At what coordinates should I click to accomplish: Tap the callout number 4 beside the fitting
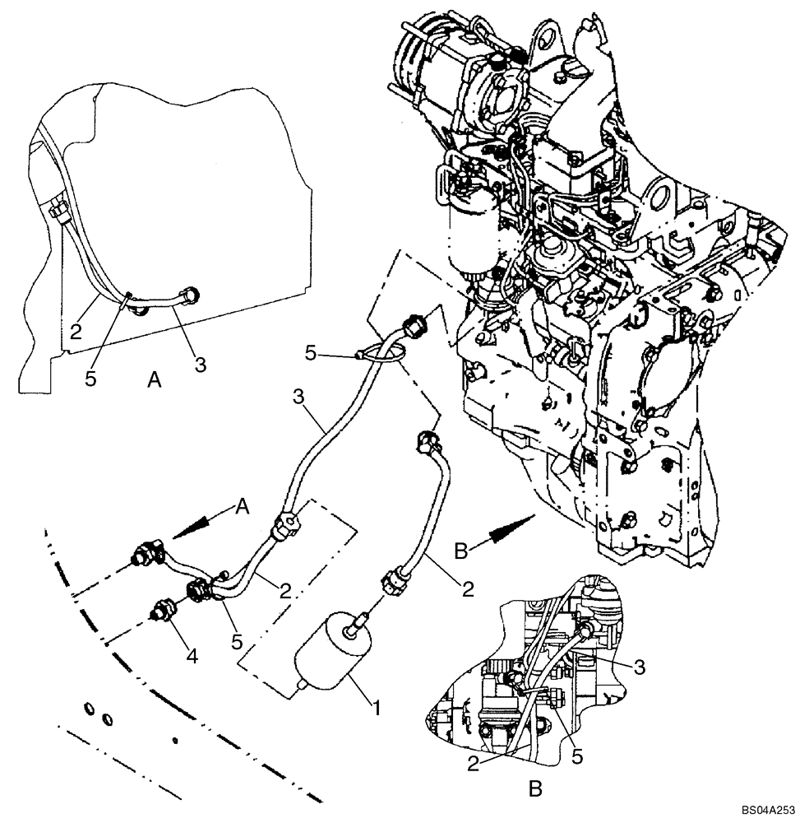pyautogui.click(x=192, y=658)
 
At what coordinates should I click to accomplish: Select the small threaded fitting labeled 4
pyautogui.click(x=161, y=611)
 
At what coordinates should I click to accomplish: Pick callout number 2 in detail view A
pyautogui.click(x=74, y=332)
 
